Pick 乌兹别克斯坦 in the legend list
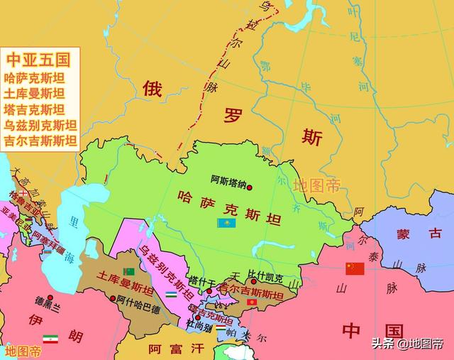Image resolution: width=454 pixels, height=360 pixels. [x=40, y=125]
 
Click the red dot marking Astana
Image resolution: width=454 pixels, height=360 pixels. [x=249, y=187]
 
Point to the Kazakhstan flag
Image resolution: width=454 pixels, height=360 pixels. [x=226, y=223]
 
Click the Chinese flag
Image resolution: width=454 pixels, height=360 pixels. [x=355, y=268]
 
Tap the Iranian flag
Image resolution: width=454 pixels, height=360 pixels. [x=50, y=338]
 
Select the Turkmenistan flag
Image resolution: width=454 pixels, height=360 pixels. [x=128, y=272]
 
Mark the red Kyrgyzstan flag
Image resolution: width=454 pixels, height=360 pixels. [x=253, y=303]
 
